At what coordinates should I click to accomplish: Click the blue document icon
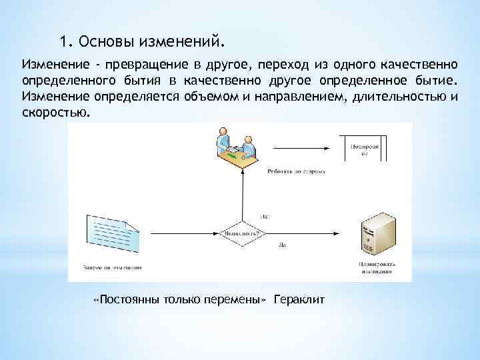(112, 233)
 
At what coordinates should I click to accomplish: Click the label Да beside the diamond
(282, 245)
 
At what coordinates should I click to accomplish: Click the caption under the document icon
(113, 268)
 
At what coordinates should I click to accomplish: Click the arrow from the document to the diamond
(180, 233)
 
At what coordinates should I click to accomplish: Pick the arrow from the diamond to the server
(307, 233)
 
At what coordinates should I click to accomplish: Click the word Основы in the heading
(107, 42)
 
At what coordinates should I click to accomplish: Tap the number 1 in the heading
(63, 42)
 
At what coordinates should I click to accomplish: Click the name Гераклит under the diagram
(299, 299)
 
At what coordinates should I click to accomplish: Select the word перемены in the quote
(237, 299)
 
